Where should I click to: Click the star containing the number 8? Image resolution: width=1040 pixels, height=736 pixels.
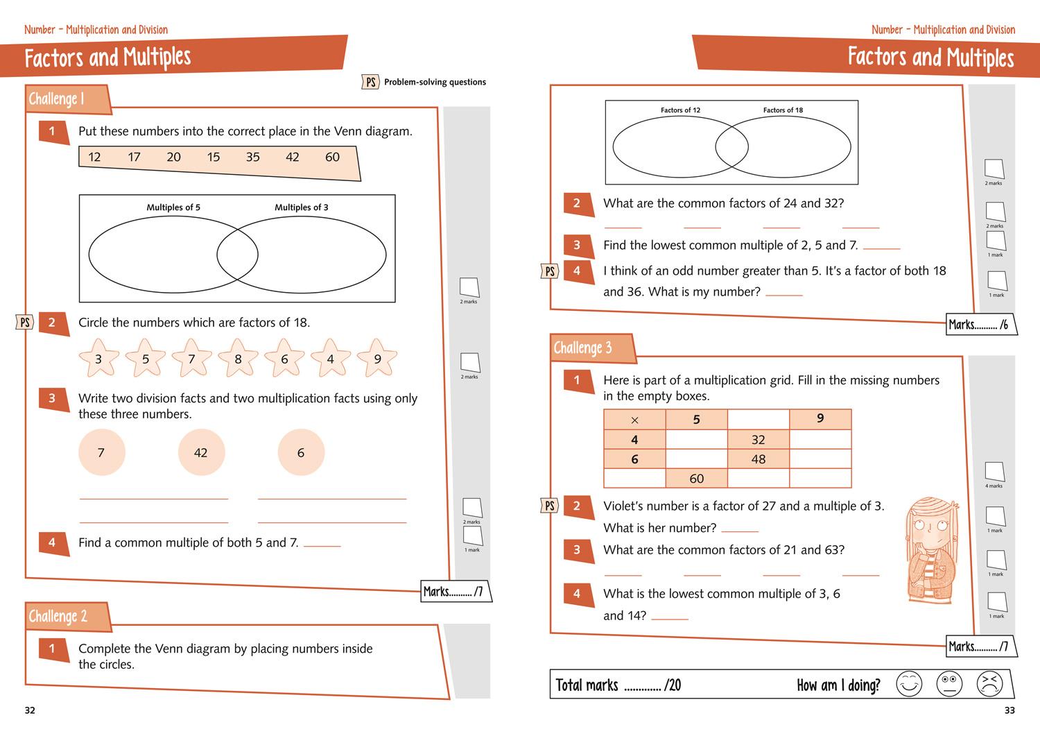coord(238,358)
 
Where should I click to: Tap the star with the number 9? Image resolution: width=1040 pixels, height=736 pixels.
coord(377,358)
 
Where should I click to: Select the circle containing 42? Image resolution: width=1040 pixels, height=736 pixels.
coord(201,452)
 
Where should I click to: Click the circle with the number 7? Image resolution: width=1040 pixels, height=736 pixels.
coord(101,452)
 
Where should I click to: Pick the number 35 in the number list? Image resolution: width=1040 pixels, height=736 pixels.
coord(253,157)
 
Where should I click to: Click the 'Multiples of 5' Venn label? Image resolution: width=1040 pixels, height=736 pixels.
coord(173,207)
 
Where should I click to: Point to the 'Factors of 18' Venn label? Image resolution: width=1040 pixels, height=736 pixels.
coord(783,110)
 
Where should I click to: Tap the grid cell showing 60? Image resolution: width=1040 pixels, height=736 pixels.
coord(696,479)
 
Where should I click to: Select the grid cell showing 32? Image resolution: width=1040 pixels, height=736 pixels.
coord(758,440)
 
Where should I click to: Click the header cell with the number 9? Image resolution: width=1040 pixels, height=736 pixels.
coord(820,419)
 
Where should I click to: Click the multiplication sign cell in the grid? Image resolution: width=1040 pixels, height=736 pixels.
coord(634,420)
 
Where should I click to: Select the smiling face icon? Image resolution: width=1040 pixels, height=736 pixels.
coord(908,684)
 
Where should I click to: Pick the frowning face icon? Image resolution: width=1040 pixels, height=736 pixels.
coord(989,684)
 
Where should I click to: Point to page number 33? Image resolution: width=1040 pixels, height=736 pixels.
coord(1009,710)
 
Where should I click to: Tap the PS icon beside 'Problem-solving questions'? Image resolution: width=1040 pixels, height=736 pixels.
coord(371,82)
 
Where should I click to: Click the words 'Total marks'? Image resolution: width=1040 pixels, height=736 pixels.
coord(587,685)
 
